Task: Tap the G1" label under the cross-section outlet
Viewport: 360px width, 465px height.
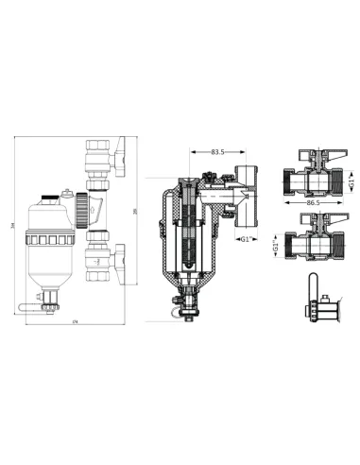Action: (x=246, y=239)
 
